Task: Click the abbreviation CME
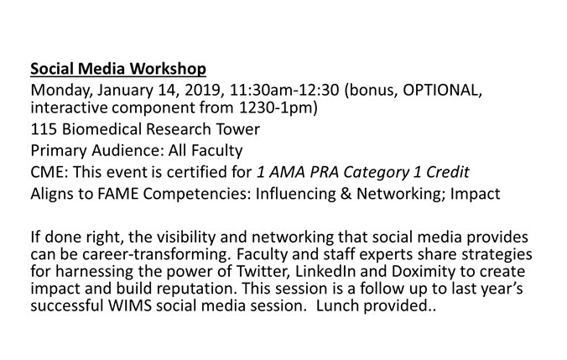pos(46,173)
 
